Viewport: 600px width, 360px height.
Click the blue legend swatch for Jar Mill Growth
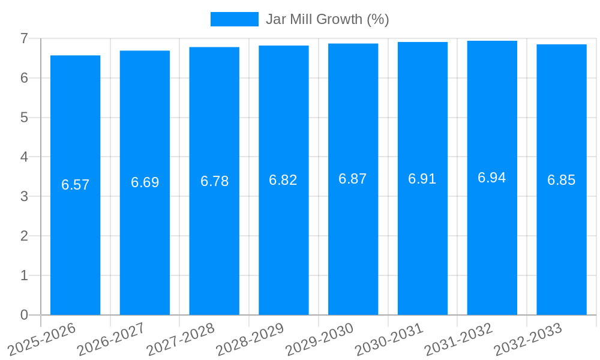click(234, 19)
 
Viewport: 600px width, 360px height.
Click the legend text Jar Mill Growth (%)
click(327, 19)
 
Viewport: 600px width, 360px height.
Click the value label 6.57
click(75, 185)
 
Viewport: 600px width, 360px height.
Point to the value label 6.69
click(145, 182)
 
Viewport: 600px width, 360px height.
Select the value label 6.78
click(214, 181)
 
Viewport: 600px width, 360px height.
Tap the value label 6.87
click(353, 179)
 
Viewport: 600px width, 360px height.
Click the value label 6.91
click(422, 179)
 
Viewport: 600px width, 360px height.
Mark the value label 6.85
click(562, 180)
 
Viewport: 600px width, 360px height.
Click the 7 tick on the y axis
click(24, 38)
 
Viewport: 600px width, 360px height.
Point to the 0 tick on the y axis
click(24, 315)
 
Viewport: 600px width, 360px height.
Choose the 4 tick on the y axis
click(24, 157)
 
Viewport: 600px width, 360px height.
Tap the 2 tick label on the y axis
click(24, 236)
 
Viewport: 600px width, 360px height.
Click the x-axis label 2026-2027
click(112, 338)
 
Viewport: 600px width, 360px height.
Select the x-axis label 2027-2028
click(181, 338)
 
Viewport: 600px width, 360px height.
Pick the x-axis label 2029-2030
click(320, 338)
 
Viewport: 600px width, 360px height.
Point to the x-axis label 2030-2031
click(389, 338)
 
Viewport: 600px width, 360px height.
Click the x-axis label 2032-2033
click(528, 338)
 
